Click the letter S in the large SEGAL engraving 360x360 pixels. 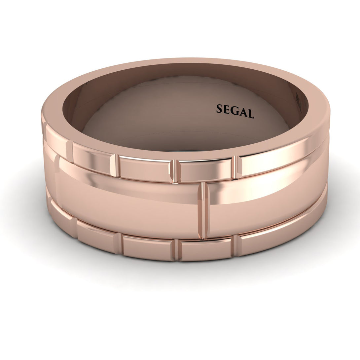pos(220,109)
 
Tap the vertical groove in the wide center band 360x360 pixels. pos(203,210)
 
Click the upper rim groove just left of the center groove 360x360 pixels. pos(174,171)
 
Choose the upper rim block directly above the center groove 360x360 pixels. pos(205,170)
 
